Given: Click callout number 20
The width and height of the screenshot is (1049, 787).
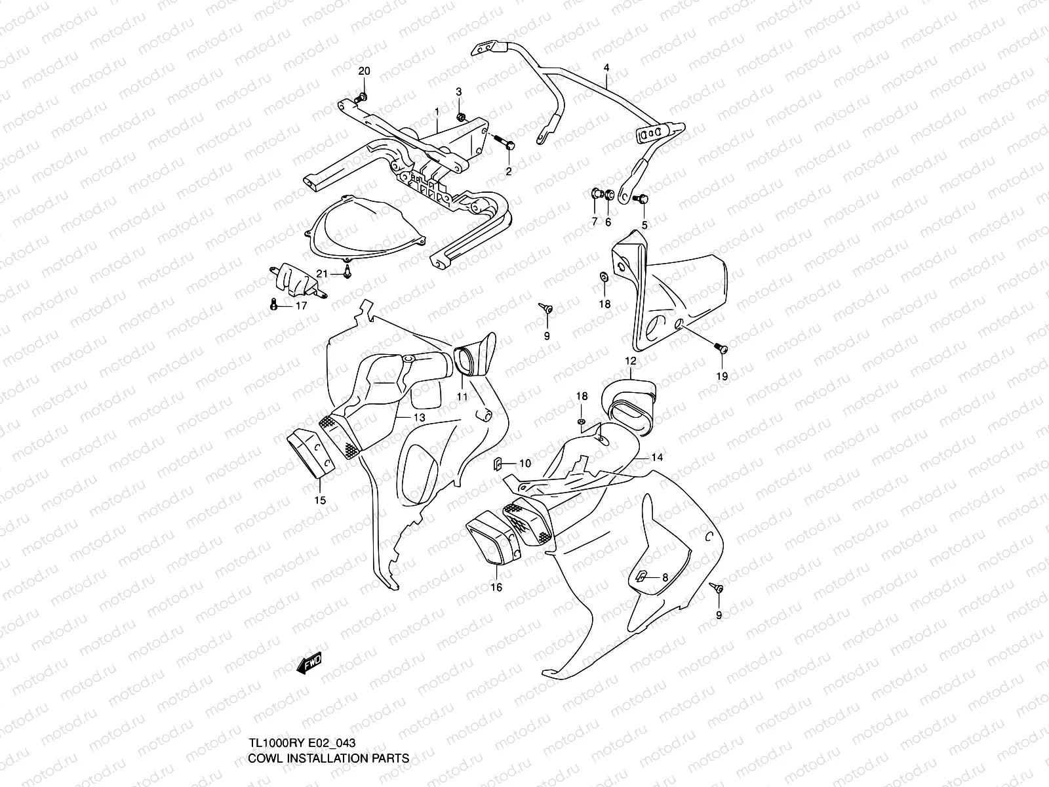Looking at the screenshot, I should [x=364, y=71].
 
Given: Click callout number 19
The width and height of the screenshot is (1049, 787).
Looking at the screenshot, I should [x=721, y=376].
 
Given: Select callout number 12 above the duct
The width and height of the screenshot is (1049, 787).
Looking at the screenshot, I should [x=631, y=361].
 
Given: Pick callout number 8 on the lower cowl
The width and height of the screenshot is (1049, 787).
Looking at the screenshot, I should [x=665, y=578].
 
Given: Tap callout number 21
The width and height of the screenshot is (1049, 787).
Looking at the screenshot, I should [x=321, y=273].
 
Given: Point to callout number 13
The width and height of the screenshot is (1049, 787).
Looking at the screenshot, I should [x=419, y=417].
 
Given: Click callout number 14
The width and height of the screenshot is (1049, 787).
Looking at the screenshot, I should [x=658, y=458].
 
